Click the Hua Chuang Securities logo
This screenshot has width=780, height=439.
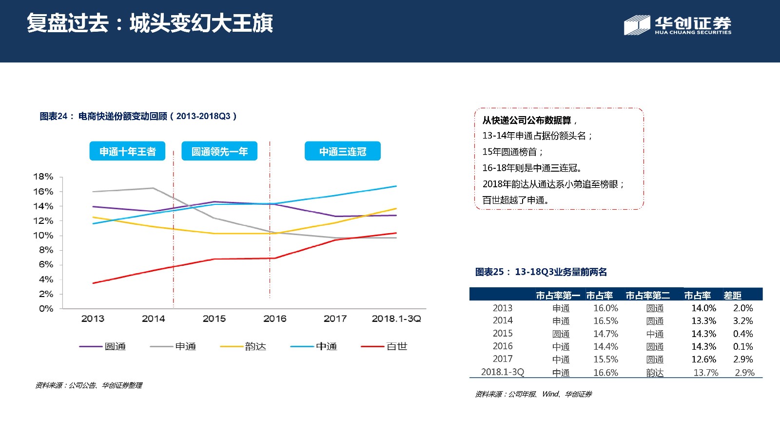tap(677, 25)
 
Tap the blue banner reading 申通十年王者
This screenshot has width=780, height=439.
tap(127, 151)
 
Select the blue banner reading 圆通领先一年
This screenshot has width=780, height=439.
tap(219, 151)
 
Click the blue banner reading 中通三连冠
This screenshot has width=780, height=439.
tap(343, 151)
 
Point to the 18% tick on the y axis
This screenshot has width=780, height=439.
tap(43, 177)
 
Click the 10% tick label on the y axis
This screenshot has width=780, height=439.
tap(43, 236)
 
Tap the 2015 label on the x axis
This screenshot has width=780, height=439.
tap(214, 319)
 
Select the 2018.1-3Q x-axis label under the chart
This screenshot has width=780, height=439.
tap(396, 319)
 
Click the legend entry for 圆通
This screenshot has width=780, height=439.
tap(103, 346)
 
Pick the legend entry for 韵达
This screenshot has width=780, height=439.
tap(243, 346)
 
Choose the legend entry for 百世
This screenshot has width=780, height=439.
tap(384, 346)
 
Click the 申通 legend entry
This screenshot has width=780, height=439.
tap(173, 346)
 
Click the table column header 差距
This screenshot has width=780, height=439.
tap(733, 296)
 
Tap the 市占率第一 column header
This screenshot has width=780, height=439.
tap(558, 296)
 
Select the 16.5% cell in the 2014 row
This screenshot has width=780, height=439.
tap(605, 321)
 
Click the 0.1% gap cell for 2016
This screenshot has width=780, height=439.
tap(743, 347)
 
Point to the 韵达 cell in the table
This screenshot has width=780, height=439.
tap(655, 373)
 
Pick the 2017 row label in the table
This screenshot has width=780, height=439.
tap(503, 359)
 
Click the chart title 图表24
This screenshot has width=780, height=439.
tap(53, 116)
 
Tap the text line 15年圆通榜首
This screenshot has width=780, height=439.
tap(512, 152)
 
